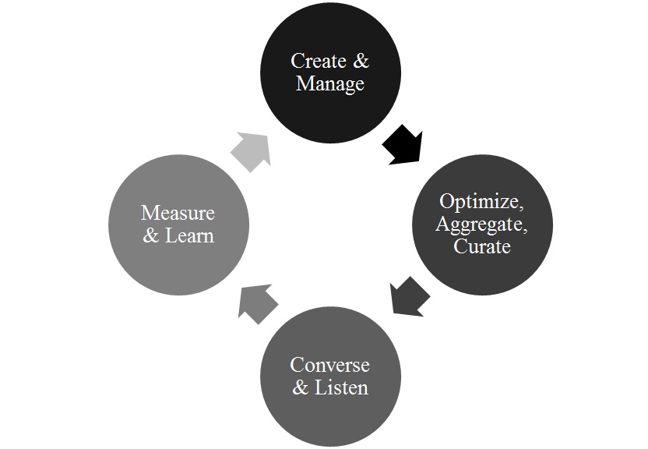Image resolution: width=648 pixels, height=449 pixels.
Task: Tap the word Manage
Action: click(x=330, y=83)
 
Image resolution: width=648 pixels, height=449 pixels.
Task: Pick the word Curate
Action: click(x=483, y=246)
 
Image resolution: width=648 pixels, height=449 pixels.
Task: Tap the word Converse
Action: click(x=329, y=365)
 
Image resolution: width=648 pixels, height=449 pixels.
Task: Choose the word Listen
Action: click(x=341, y=387)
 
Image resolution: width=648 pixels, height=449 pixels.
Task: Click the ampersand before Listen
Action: click(x=301, y=387)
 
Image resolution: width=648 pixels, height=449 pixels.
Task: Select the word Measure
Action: click(x=178, y=213)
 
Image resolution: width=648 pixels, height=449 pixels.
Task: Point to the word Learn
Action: click(x=189, y=235)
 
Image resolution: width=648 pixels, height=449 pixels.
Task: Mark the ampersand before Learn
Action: click(x=151, y=235)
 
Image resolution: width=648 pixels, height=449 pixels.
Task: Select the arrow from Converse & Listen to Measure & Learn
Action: click(x=258, y=302)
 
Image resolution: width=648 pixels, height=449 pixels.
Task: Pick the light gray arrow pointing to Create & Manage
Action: click(x=252, y=150)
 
